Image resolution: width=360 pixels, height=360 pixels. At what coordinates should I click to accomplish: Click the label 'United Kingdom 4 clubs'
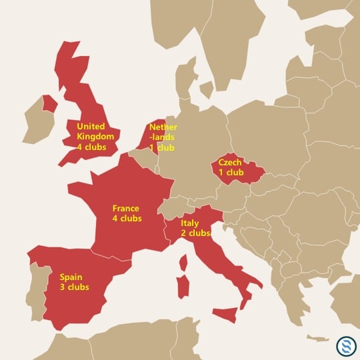tap(96, 136)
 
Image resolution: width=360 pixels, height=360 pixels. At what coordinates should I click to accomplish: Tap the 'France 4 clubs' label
tap(127, 213)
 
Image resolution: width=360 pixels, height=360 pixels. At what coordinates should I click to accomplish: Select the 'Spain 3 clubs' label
tap(74, 282)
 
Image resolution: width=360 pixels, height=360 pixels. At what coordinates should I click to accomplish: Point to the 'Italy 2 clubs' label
tap(195, 228)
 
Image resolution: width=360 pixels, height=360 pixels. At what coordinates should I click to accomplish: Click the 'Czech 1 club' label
tap(231, 167)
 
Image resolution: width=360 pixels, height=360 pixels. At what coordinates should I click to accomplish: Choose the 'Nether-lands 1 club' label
tap(163, 137)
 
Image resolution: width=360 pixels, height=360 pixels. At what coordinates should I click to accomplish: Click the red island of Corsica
tap(183, 262)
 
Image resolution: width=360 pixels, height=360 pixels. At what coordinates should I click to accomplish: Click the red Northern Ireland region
tap(49, 104)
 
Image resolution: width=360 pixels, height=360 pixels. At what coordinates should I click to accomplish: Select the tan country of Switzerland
tap(171, 204)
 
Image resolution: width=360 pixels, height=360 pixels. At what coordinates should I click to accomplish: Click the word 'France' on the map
tap(125, 208)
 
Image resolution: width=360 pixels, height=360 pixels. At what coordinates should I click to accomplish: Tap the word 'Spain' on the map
tap(71, 277)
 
